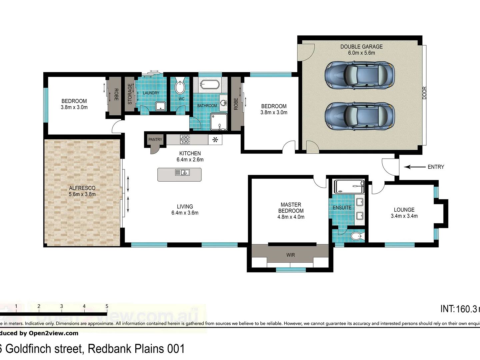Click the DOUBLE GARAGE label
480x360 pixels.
click(361, 47)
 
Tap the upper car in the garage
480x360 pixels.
click(360, 75)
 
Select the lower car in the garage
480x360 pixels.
click(360, 116)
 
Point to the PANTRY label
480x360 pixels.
click(155, 140)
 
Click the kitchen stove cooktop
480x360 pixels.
click(185, 139)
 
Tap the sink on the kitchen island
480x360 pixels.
click(182, 172)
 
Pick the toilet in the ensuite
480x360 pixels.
click(356, 237)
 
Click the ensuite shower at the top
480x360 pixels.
click(349, 187)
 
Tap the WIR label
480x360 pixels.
click(290, 255)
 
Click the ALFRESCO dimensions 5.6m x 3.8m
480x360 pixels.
click(82, 194)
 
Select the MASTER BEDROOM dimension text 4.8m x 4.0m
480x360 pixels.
click(291, 217)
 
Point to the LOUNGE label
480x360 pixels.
click(404, 210)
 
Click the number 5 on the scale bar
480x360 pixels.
click(107, 306)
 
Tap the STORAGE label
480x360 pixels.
click(130, 94)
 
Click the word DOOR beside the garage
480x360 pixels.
click(424, 93)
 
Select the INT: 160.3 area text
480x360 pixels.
click(459, 309)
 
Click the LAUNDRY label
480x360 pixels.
click(151, 93)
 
